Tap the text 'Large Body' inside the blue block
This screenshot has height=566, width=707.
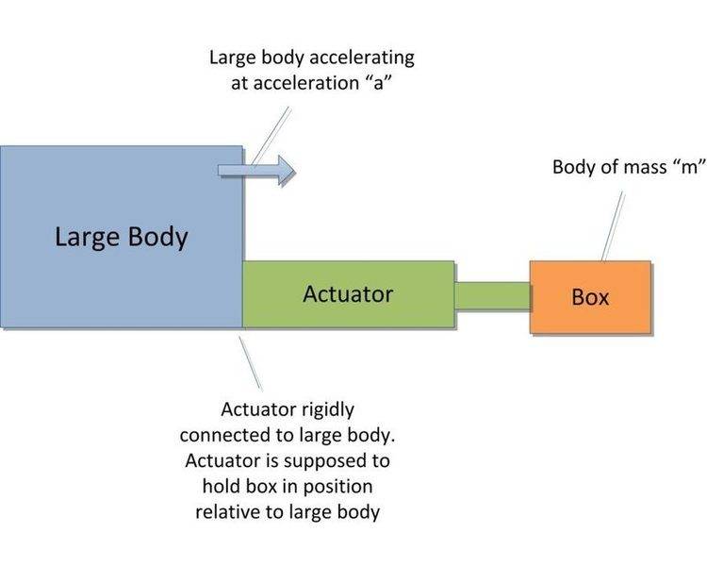click(x=121, y=236)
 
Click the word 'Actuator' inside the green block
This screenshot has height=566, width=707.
click(x=348, y=294)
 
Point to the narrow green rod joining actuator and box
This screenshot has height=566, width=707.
click(x=492, y=295)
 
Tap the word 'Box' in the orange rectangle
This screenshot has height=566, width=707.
click(x=591, y=298)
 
